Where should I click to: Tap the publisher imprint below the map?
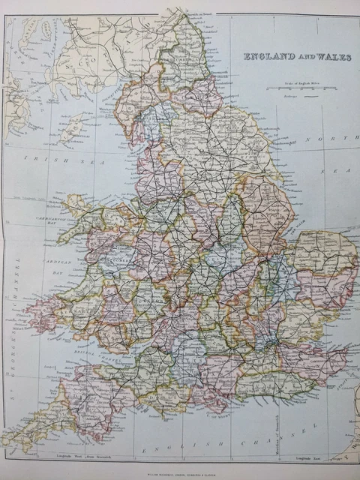point(179,473)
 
